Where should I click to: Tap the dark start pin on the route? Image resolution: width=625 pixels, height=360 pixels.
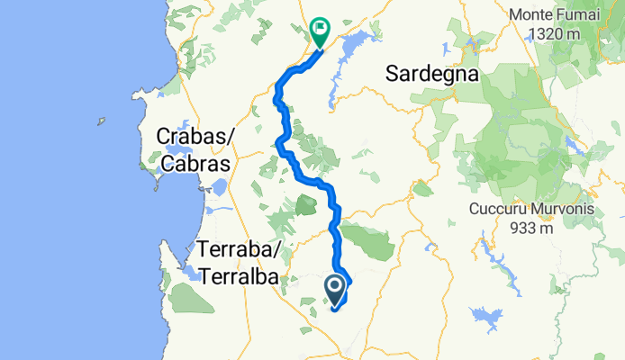[334, 289]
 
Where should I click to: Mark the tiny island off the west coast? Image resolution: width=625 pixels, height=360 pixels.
[101, 121]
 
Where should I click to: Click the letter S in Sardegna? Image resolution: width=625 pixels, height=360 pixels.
[392, 75]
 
